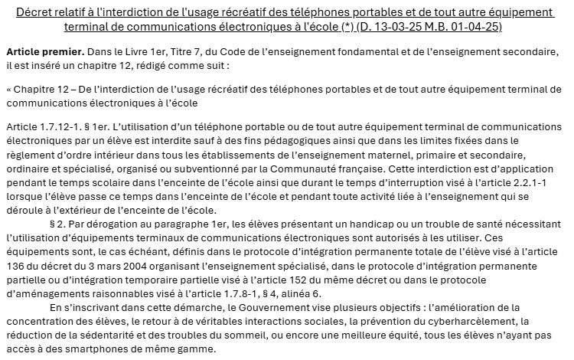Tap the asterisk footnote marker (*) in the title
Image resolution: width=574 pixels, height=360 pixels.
pos(359,27)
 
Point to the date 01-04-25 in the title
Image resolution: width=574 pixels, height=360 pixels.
pos(479,27)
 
